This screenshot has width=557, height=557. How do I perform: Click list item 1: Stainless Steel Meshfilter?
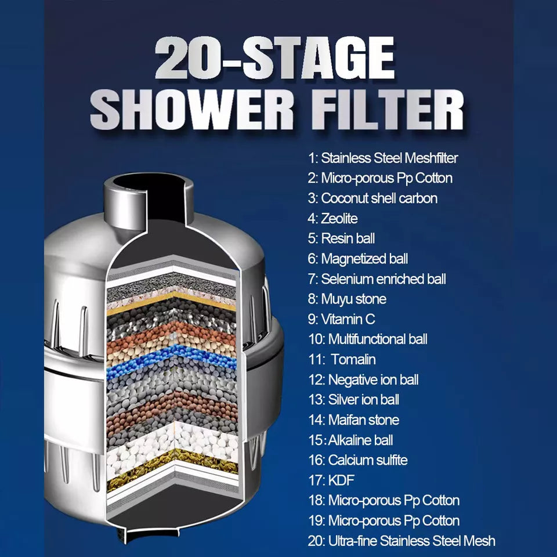pos(383,158)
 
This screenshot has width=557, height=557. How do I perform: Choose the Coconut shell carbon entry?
pos(372,198)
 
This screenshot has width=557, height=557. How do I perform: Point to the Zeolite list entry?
pos(332,218)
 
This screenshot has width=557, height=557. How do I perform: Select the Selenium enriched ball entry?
pos(377,279)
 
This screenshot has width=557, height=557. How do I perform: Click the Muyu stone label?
pos(346,299)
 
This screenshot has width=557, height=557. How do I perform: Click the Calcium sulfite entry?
pos(357,460)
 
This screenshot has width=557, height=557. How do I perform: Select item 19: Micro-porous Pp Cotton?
pos(384,520)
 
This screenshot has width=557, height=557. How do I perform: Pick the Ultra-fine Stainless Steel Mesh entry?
pos(402,541)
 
